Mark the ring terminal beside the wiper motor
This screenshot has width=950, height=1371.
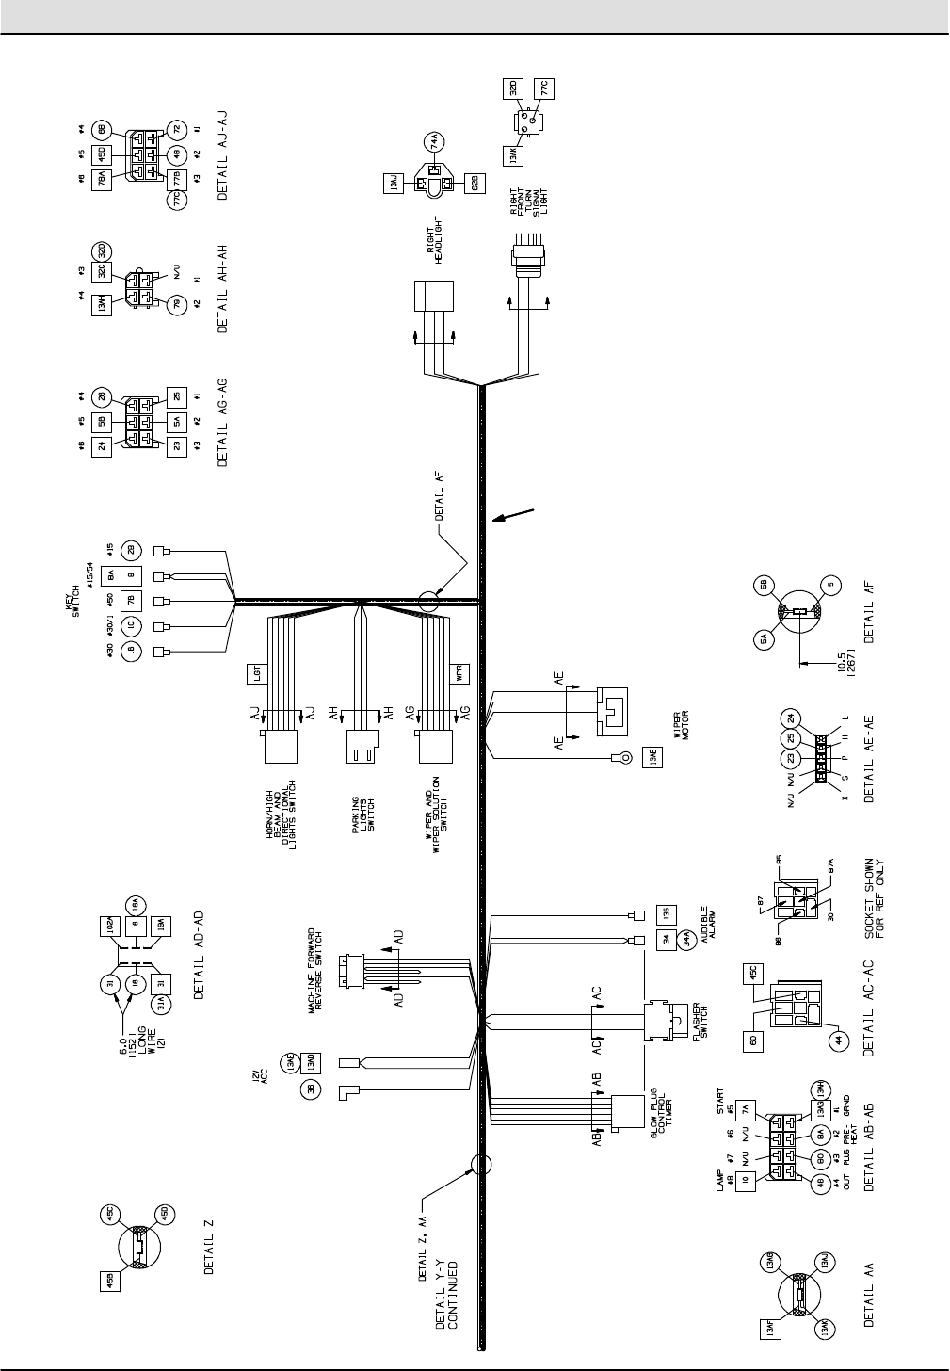621,756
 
